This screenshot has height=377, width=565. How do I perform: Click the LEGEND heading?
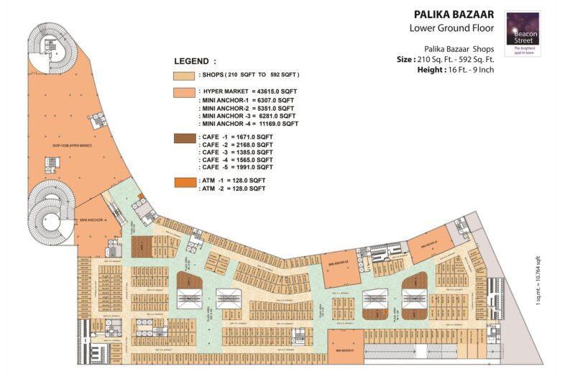pyautogui.click(x=195, y=61)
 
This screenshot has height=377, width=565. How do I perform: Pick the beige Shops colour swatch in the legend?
pyautogui.click(x=183, y=76)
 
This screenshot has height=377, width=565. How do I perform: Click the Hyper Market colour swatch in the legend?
pyautogui.click(x=183, y=92)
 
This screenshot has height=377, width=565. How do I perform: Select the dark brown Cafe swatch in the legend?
pyautogui.click(x=183, y=137)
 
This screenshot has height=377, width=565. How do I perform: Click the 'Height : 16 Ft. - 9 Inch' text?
pyautogui.click(x=455, y=70)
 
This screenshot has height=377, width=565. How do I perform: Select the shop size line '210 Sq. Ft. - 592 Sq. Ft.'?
pyautogui.click(x=452, y=59)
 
